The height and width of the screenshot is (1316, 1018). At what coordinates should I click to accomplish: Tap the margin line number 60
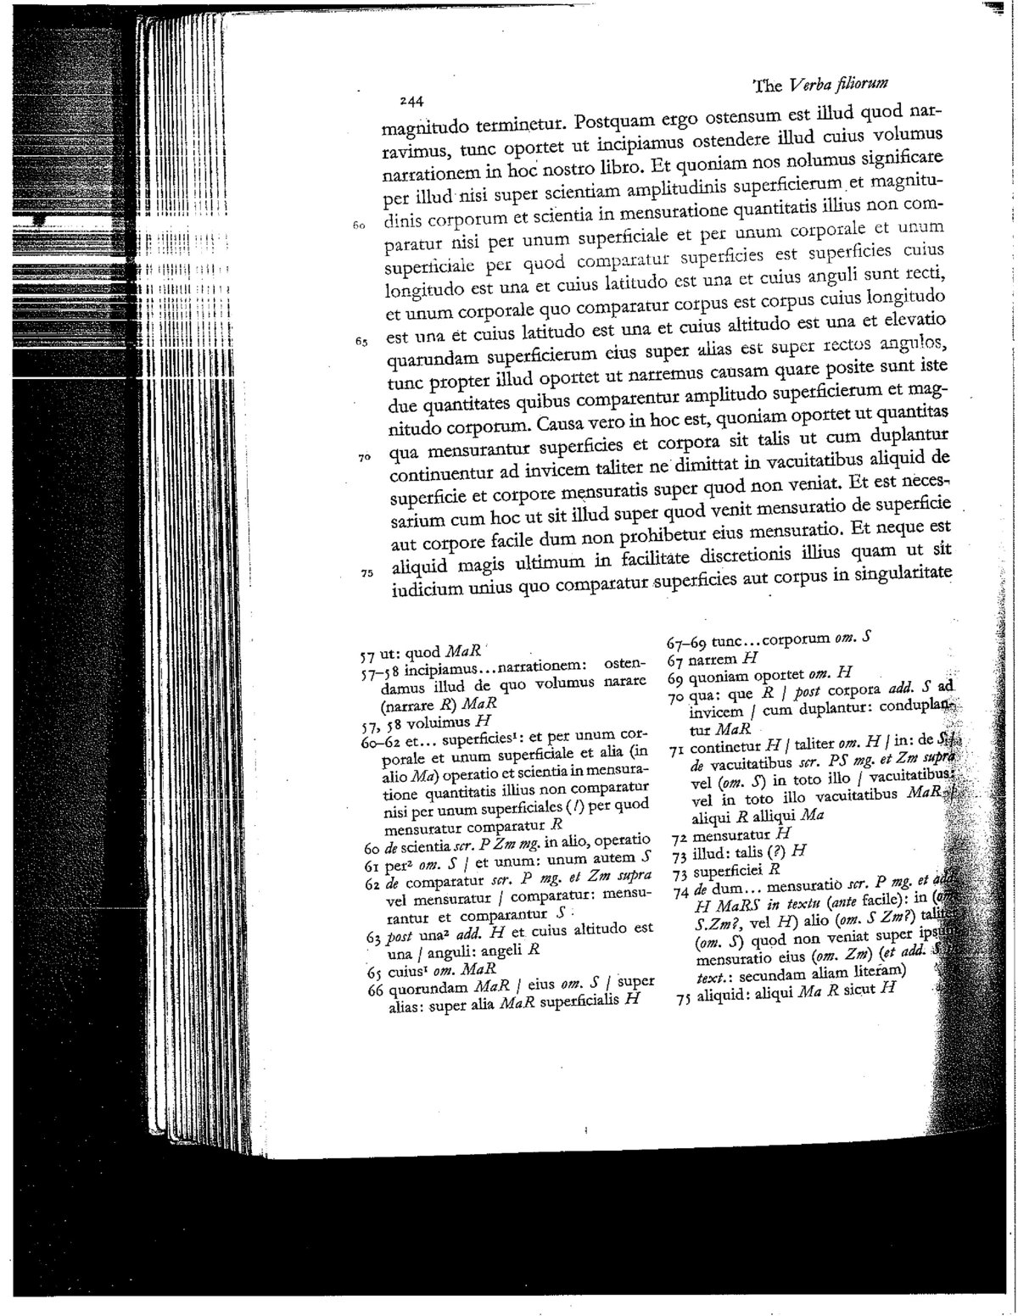tap(358, 226)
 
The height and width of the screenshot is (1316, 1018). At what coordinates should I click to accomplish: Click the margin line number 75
tap(366, 572)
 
